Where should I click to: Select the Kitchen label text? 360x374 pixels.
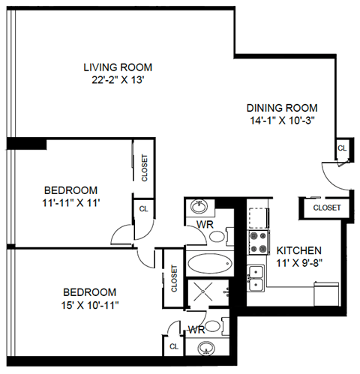(299, 250)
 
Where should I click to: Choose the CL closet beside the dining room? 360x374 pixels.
(342, 148)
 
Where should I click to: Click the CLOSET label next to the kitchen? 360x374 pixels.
(326, 208)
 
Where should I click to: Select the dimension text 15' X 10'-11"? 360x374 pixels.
(89, 304)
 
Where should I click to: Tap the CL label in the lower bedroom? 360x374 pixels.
(173, 346)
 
